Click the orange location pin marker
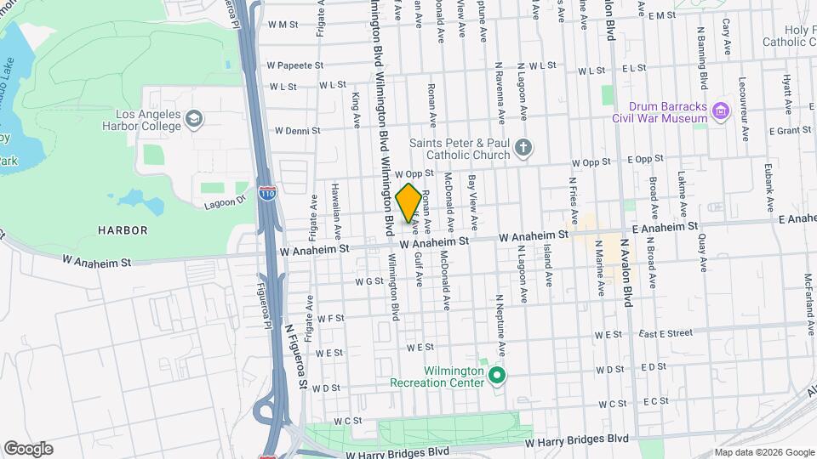[x=408, y=202]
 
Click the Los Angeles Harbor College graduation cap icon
[x=194, y=118]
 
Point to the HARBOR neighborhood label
[x=123, y=230]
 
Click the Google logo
[x=28, y=448]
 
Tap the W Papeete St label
[x=295, y=65]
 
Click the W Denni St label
[x=297, y=131]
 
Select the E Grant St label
[x=790, y=131]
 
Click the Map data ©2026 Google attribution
[x=763, y=452]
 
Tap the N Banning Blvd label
[x=702, y=65]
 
